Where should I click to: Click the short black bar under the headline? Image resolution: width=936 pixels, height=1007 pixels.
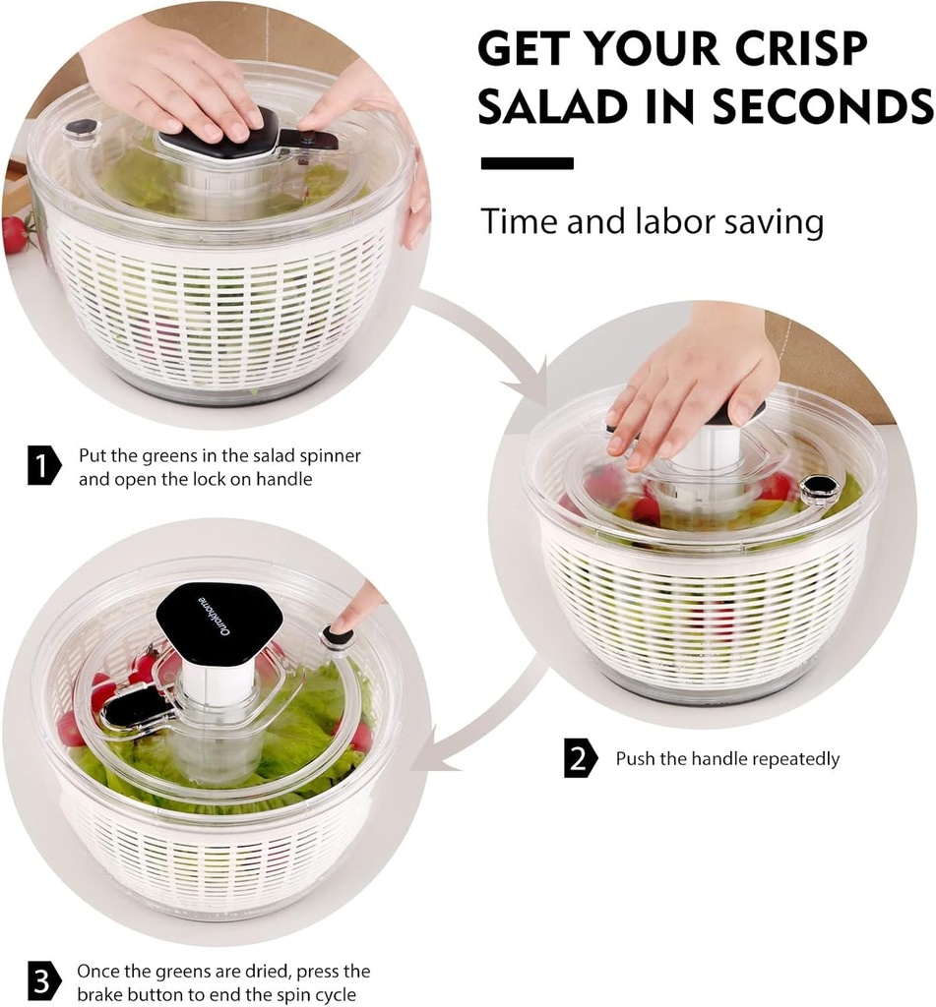(x=527, y=163)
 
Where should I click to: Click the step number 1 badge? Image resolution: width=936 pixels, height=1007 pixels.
(x=43, y=466)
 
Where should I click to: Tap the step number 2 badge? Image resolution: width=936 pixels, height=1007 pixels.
(x=581, y=758)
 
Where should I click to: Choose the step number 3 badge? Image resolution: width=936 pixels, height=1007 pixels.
(x=43, y=982)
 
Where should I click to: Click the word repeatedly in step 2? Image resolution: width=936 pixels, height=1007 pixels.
(x=793, y=759)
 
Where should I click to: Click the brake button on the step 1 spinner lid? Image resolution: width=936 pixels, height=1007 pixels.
(x=81, y=129)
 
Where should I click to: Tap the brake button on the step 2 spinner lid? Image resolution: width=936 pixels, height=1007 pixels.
(x=819, y=487)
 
